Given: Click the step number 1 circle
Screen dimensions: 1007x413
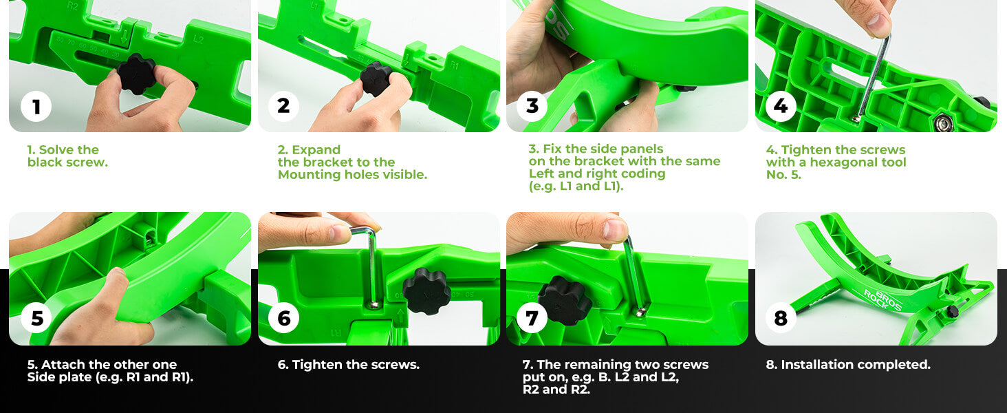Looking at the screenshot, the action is click(36, 107).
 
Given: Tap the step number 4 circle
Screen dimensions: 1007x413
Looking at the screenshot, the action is click(781, 106).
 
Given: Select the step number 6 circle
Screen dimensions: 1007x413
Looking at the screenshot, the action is click(283, 318).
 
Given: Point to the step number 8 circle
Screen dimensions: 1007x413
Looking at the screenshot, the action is click(781, 318).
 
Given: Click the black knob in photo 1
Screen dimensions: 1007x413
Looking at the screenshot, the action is click(136, 74).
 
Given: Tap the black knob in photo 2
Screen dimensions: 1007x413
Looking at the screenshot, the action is click(376, 78).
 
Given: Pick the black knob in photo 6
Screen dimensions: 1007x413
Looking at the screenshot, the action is click(426, 290).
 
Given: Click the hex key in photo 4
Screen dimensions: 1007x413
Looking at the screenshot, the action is click(874, 76).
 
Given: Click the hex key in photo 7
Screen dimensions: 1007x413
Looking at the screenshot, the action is click(635, 275).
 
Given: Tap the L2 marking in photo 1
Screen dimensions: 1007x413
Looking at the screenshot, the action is click(198, 40).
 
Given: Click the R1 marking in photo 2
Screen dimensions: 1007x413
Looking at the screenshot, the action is click(454, 65).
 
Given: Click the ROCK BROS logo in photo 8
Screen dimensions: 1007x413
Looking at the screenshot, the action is click(883, 301).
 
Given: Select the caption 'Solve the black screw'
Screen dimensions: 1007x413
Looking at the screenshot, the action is click(67, 156).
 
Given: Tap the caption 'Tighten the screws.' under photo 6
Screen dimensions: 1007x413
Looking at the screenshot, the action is click(349, 364).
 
